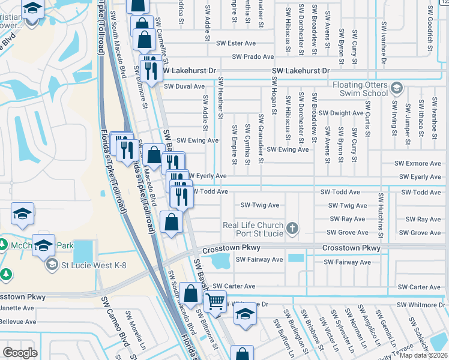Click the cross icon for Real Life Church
click(292, 228)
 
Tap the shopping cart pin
click(215, 301)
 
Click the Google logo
click(20, 353)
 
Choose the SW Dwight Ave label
click(341, 113)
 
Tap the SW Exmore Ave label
click(418, 163)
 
